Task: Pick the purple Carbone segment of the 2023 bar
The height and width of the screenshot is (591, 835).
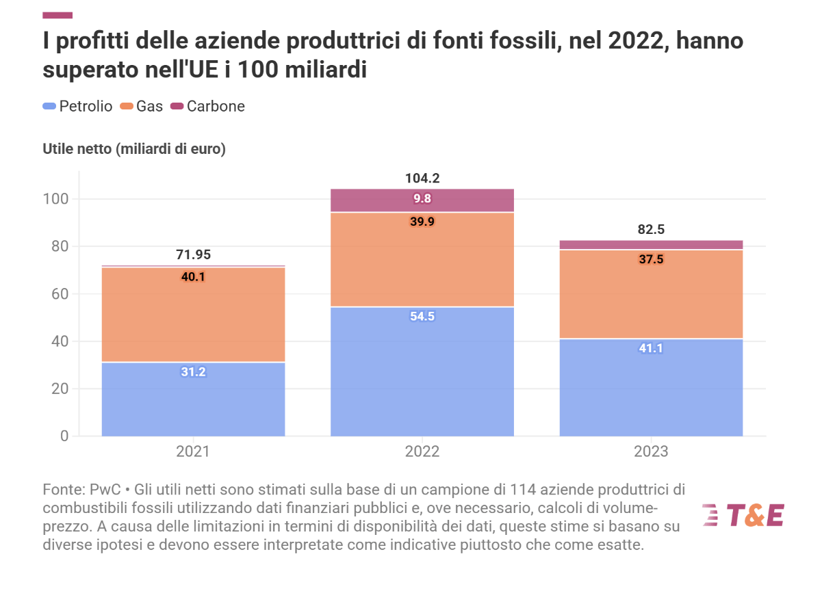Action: click(651, 245)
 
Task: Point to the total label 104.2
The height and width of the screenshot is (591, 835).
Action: click(422, 179)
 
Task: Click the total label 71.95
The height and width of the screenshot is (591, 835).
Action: click(193, 255)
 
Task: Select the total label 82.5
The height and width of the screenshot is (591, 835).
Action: click(651, 230)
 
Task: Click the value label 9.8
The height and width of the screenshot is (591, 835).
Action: click(422, 200)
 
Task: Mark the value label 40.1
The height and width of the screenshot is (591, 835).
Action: click(193, 277)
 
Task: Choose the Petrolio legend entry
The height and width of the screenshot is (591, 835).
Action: click(77, 106)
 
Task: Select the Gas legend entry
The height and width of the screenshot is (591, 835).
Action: click(142, 106)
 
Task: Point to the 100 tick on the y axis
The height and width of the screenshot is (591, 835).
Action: click(57, 199)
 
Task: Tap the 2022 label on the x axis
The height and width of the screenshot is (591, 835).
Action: click(422, 452)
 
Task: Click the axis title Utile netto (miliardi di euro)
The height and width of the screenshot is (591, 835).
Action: click(134, 149)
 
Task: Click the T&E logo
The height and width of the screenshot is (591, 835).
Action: click(743, 515)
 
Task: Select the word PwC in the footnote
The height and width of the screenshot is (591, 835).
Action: click(105, 490)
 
